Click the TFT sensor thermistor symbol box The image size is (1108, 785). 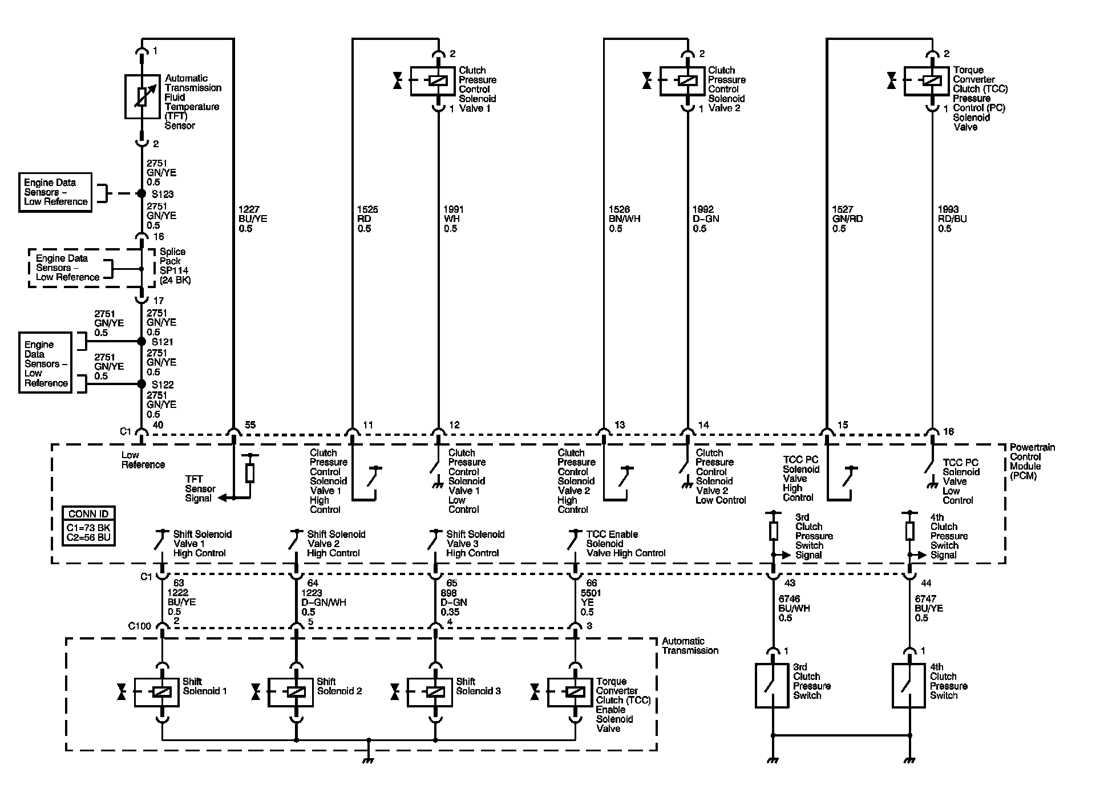click(x=142, y=97)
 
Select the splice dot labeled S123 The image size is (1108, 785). click(x=141, y=194)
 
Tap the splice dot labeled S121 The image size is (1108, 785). click(x=141, y=341)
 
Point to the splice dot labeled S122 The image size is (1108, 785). click(x=141, y=384)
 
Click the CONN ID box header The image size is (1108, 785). click(x=88, y=514)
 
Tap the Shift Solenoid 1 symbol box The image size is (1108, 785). click(x=157, y=692)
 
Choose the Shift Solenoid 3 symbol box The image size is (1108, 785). click(x=430, y=692)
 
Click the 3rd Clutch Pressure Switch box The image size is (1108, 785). click(x=772, y=686)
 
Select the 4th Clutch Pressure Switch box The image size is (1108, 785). click(x=909, y=686)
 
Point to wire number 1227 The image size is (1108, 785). click(x=249, y=210)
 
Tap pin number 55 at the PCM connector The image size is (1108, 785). click(x=250, y=425)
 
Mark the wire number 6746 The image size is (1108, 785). click(x=790, y=599)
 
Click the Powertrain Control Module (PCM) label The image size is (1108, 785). click(x=1032, y=462)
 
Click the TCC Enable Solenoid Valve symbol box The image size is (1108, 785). click(x=570, y=692)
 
